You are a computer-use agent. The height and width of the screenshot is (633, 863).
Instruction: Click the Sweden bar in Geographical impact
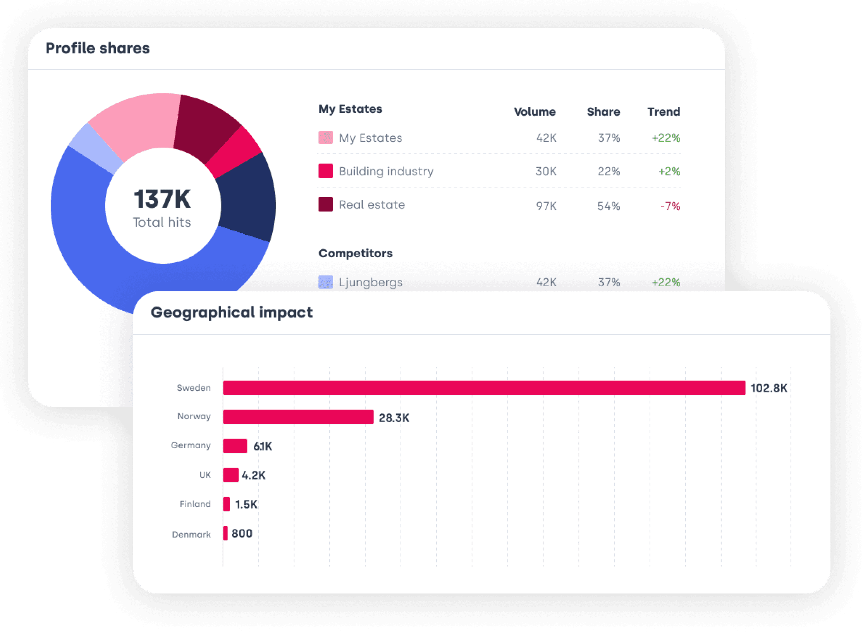tap(484, 388)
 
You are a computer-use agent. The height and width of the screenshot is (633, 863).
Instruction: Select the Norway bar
tap(298, 417)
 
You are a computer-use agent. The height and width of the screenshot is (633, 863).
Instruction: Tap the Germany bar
tap(235, 446)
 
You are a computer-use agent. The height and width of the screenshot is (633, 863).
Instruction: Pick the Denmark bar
tap(225, 533)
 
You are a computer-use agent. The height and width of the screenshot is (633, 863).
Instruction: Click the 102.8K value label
tap(769, 388)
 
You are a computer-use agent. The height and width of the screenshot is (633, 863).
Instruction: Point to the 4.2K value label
tap(254, 475)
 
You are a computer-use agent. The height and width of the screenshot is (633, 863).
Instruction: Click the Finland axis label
tap(195, 504)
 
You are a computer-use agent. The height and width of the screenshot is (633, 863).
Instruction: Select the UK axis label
tap(205, 475)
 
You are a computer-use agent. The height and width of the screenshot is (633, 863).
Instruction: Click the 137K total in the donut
tap(162, 199)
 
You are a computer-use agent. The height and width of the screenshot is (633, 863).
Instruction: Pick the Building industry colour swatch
tap(326, 171)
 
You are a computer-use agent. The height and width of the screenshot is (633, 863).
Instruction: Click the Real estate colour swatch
tap(326, 204)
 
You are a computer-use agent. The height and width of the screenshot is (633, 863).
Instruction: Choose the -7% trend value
tap(670, 206)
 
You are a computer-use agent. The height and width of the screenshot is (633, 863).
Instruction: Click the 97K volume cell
tap(546, 206)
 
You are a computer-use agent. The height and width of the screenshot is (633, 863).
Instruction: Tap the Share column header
tap(603, 112)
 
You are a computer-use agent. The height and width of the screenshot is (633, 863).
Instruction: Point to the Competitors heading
tap(355, 253)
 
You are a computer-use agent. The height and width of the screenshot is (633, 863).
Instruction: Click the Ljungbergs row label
tap(371, 282)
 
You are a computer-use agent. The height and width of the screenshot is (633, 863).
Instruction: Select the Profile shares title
tap(98, 48)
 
